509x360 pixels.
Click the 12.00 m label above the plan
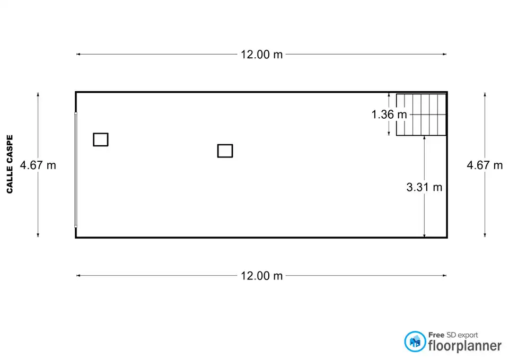(x=261, y=55)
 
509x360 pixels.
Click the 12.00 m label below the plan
(x=261, y=276)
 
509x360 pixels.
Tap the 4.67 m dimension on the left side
(x=38, y=165)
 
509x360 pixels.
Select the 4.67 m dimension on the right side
(x=485, y=165)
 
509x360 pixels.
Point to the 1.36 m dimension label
(x=389, y=115)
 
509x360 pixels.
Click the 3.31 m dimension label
(x=424, y=187)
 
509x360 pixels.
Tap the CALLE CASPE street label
(x=10, y=164)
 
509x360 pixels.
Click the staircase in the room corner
(x=421, y=115)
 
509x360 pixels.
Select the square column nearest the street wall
(x=101, y=139)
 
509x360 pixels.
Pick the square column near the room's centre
(x=225, y=151)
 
